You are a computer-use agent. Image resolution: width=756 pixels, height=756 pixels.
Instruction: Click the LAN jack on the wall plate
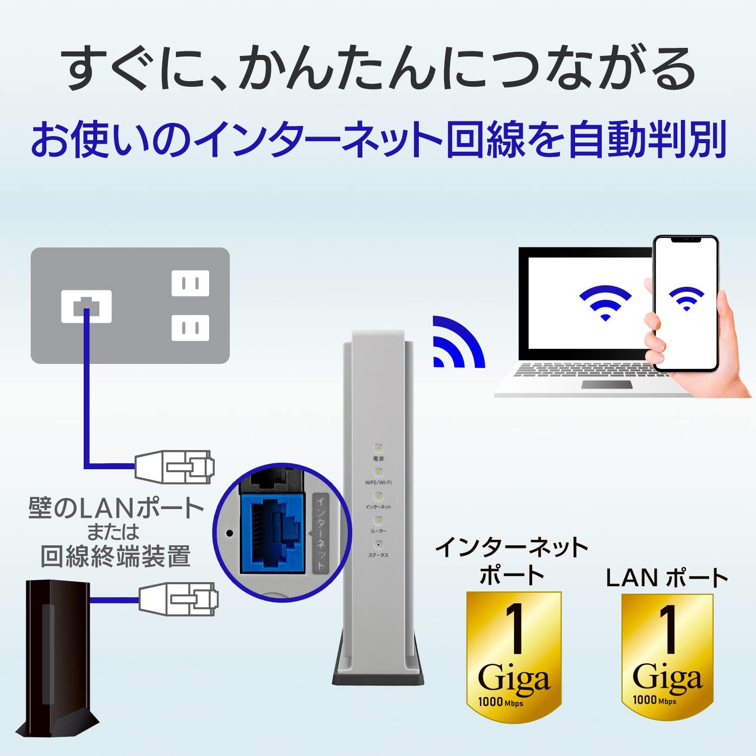pos(86,306)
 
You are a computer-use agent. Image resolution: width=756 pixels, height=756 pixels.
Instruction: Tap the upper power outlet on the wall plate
pos(190,283)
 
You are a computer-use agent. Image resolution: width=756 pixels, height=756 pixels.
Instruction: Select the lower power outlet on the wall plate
pos(190,328)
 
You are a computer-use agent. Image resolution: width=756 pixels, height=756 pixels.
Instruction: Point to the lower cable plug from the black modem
pos(178,599)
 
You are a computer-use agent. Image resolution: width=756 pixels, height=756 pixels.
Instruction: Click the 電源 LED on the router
pos(378,448)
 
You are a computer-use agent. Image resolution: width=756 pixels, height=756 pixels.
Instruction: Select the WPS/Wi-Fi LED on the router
pos(378,472)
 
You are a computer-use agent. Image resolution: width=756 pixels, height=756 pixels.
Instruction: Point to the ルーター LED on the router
pos(378,520)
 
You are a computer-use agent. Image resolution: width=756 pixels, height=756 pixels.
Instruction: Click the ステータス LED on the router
pos(378,544)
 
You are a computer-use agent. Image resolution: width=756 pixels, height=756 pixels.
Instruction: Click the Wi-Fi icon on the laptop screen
pos(605,302)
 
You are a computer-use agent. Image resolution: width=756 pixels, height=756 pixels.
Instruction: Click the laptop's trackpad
pos(607,385)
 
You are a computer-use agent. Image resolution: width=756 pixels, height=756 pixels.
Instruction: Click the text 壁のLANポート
pos(116,508)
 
